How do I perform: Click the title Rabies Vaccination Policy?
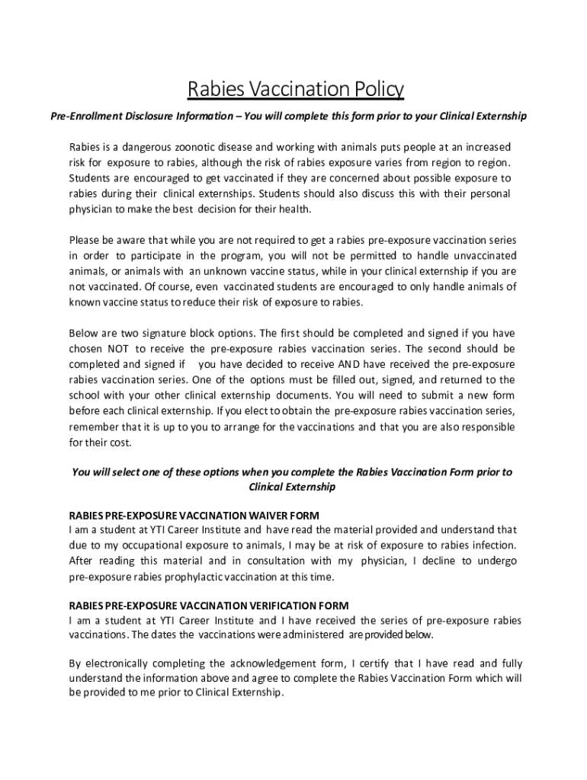296,90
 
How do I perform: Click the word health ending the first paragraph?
293,209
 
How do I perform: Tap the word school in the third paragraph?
85,395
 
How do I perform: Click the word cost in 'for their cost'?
119,443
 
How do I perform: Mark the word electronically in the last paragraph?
120,663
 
